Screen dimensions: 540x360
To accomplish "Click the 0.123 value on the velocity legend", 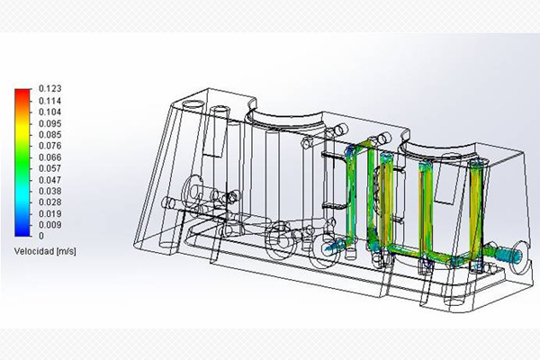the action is [x=49, y=89].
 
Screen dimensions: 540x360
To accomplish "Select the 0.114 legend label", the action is [x=49, y=101].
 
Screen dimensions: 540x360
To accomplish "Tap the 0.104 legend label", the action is [x=49, y=112].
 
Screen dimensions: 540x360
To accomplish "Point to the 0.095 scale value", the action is [x=49, y=123].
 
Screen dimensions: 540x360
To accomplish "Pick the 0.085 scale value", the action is [x=49, y=135].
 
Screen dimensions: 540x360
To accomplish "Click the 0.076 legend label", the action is [x=49, y=146].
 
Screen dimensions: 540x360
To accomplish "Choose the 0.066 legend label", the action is [x=49, y=157].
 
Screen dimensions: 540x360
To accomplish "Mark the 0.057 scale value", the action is [x=49, y=168].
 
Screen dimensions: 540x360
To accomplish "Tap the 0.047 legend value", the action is [x=49, y=180].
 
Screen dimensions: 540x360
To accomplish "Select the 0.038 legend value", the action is [x=49, y=191].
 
